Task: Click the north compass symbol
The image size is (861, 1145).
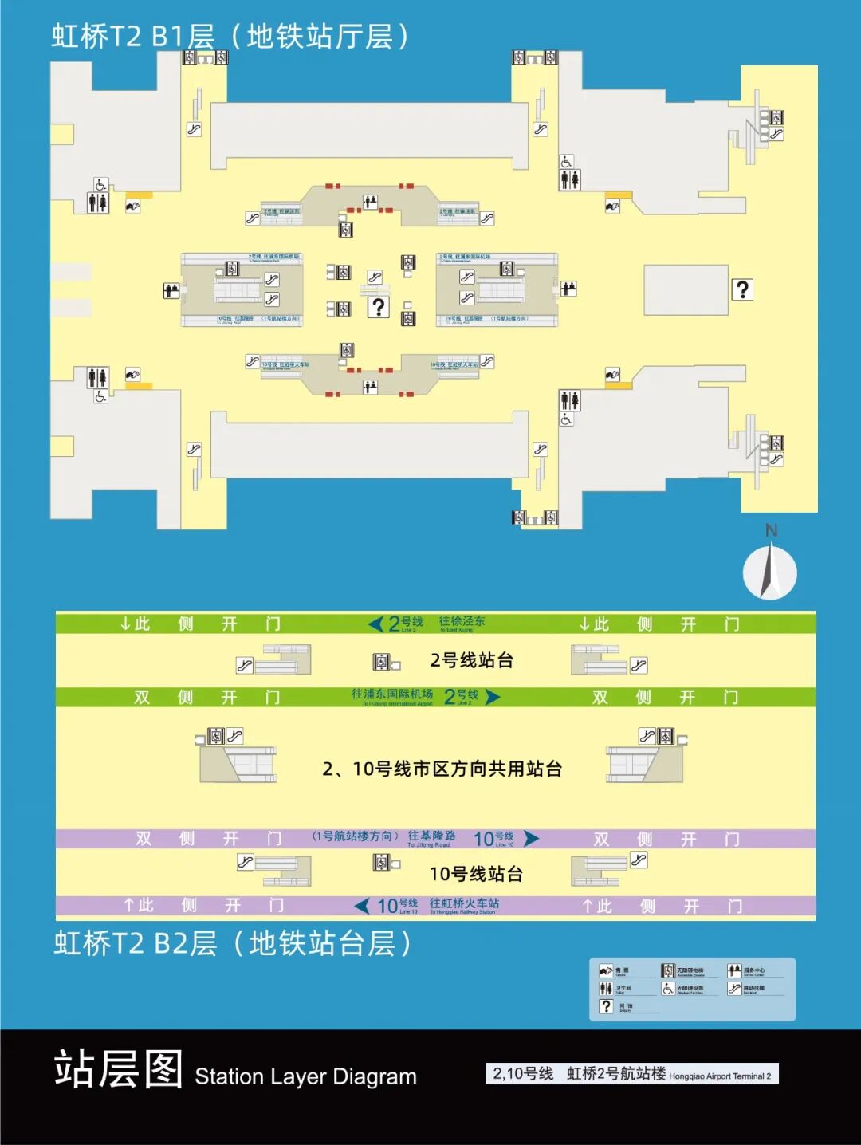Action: pos(769,571)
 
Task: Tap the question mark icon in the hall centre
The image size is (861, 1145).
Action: pos(379,307)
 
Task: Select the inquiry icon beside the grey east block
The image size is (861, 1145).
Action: pos(742,289)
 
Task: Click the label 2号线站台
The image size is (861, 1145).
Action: pos(471,660)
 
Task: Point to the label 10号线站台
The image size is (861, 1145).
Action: pos(476,874)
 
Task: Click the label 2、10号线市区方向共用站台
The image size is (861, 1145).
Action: pos(442,769)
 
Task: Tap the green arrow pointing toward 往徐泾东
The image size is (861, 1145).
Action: pos(375,624)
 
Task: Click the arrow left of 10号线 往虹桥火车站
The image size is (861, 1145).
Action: pos(362,906)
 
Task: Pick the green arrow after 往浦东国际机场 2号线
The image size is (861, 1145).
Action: pos(493,697)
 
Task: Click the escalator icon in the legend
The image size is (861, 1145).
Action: pos(734,989)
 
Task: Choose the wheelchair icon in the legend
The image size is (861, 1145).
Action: pos(668,989)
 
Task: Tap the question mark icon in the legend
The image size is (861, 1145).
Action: pos(606,1006)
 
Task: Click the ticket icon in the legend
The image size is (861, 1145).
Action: pos(606,970)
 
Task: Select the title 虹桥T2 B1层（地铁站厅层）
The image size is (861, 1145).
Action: pos(231,37)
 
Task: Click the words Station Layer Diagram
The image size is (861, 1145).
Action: pos(305,1076)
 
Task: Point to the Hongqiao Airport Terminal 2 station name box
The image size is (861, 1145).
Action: pos(631,1074)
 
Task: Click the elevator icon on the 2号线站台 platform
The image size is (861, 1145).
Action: pos(381,662)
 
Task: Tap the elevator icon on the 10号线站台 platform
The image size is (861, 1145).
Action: pos(381,861)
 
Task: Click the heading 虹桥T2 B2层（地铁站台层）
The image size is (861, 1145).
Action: pos(233,944)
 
